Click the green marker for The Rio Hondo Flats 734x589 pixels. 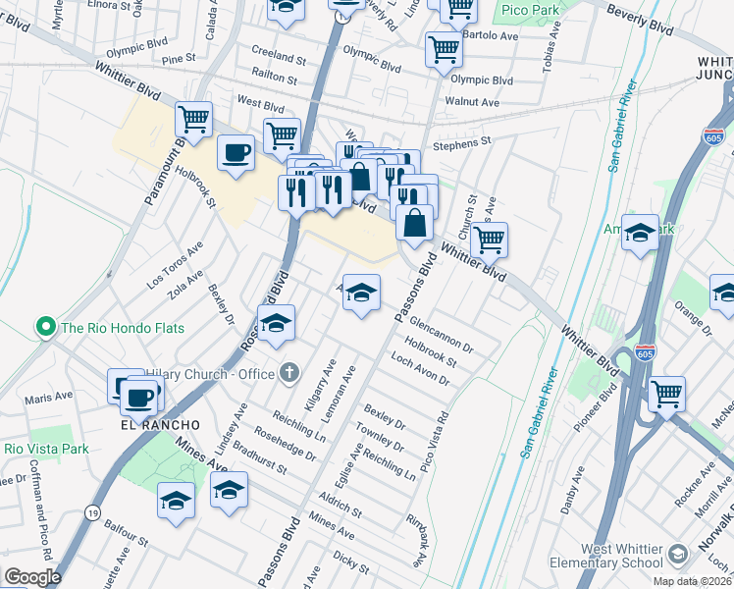45,327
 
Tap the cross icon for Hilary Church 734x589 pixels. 288,372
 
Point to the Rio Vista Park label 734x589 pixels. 46,449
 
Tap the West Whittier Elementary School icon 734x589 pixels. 677,557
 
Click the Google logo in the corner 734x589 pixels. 31,577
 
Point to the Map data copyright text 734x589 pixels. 692,581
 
